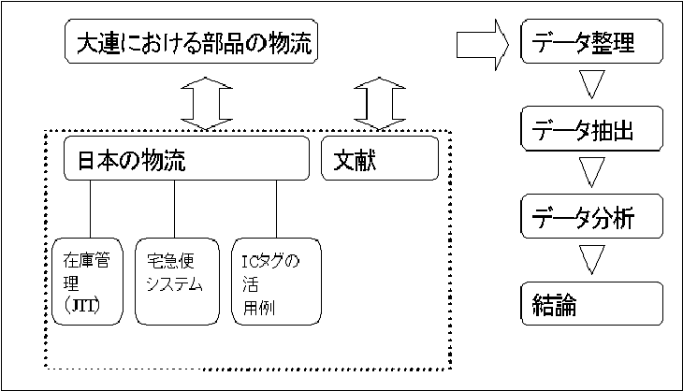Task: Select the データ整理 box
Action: pos(591,43)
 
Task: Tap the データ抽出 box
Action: pos(591,131)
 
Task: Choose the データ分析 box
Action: pos(591,218)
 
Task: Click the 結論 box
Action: pos(591,304)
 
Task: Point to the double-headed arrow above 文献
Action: pos(380,101)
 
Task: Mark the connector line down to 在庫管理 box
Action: pos(90,209)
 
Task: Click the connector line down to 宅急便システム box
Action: pos(175,209)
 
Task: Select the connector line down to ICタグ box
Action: pos(277,209)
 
